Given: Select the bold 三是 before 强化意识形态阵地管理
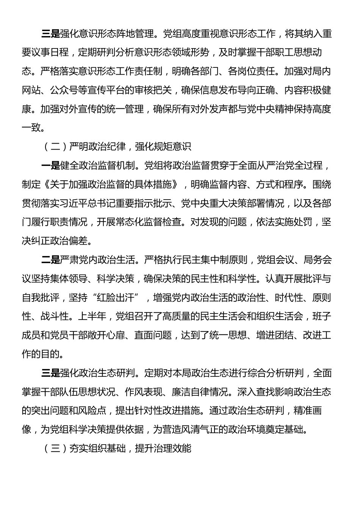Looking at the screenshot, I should (50, 34).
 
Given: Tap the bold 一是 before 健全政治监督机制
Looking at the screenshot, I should (50, 166).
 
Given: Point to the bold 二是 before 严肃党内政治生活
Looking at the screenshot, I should (50, 260).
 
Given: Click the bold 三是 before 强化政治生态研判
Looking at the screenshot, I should (50, 373).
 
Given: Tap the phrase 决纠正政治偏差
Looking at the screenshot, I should (57, 241).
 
